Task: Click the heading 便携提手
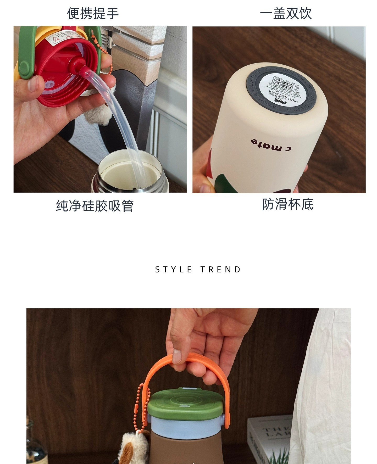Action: [93, 13]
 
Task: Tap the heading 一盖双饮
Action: [286, 13]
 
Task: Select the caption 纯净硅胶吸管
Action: [95, 206]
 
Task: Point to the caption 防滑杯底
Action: [288, 204]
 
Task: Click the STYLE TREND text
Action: [198, 270]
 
